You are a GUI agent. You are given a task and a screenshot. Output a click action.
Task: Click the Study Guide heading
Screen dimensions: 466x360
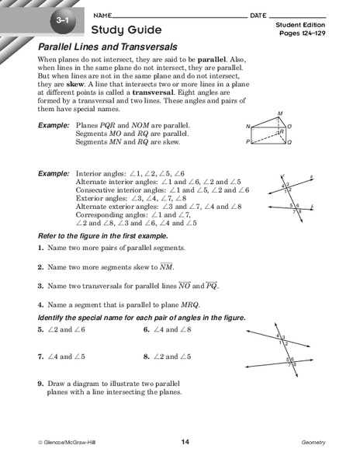click(x=126, y=30)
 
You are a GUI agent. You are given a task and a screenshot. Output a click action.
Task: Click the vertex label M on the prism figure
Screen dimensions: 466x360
click(x=280, y=113)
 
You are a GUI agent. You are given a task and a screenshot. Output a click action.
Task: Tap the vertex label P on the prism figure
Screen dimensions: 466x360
click(x=248, y=143)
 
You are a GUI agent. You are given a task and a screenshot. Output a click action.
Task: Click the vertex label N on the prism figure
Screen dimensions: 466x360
click(x=248, y=126)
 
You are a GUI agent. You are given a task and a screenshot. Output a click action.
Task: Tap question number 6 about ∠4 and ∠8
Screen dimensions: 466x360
click(x=147, y=330)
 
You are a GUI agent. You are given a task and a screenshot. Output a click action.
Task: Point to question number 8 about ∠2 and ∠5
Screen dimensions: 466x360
click(x=147, y=356)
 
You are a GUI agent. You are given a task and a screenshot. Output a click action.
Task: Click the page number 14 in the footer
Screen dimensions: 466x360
click(x=185, y=442)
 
